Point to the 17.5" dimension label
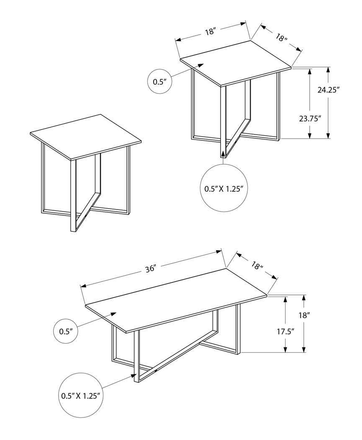[285, 331]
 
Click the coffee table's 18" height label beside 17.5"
[304, 316]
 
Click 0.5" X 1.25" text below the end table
[224, 189]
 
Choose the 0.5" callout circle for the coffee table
[66, 331]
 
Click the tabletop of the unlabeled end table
[86, 137]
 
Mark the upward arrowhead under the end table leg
[223, 153]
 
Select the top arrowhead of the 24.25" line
[328, 70]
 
